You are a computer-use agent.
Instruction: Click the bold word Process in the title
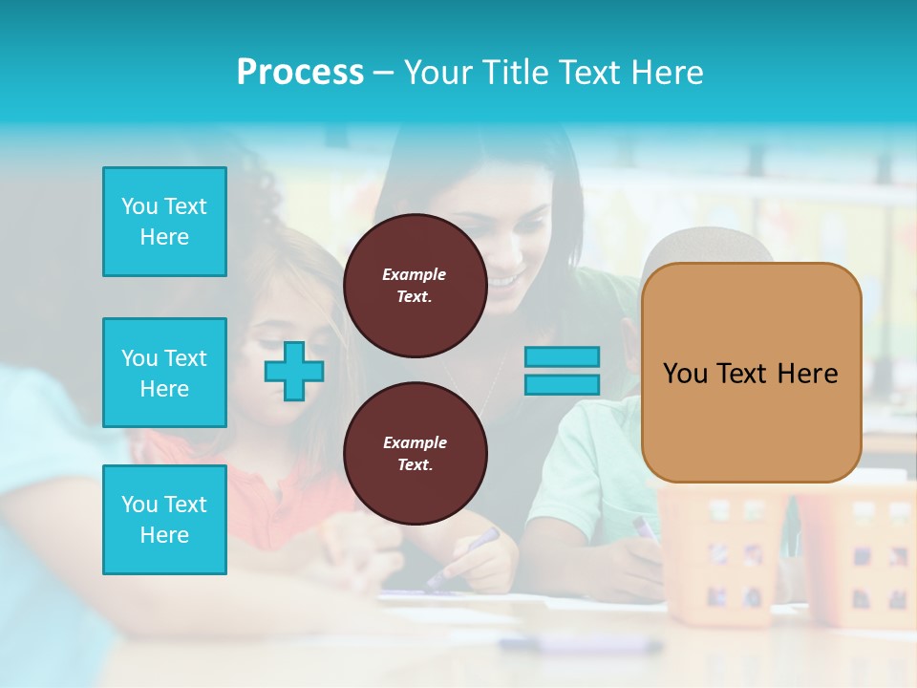[300, 73]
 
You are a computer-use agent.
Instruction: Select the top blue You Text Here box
[164, 222]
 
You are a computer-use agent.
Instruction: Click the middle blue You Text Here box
[164, 373]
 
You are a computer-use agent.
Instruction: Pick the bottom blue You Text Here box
[164, 520]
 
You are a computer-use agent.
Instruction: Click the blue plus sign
[294, 370]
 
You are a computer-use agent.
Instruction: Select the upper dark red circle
[415, 286]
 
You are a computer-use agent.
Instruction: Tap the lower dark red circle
[415, 454]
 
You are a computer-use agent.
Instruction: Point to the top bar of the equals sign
[562, 356]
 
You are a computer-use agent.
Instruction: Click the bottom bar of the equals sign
[562, 384]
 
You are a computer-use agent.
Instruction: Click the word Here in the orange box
[807, 374]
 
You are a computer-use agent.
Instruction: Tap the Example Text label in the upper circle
[415, 286]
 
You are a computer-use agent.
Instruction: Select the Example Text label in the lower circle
[415, 454]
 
